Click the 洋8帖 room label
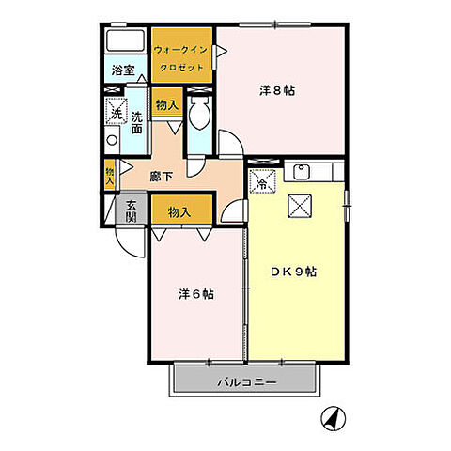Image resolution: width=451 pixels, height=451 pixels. tap(272, 91)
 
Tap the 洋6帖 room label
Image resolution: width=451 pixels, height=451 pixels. tap(196, 293)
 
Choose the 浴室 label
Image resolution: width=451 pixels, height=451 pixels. tap(122, 70)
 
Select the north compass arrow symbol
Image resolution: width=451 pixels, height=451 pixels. tap(331, 416)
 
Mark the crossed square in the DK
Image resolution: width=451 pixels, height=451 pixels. tap(300, 205)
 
